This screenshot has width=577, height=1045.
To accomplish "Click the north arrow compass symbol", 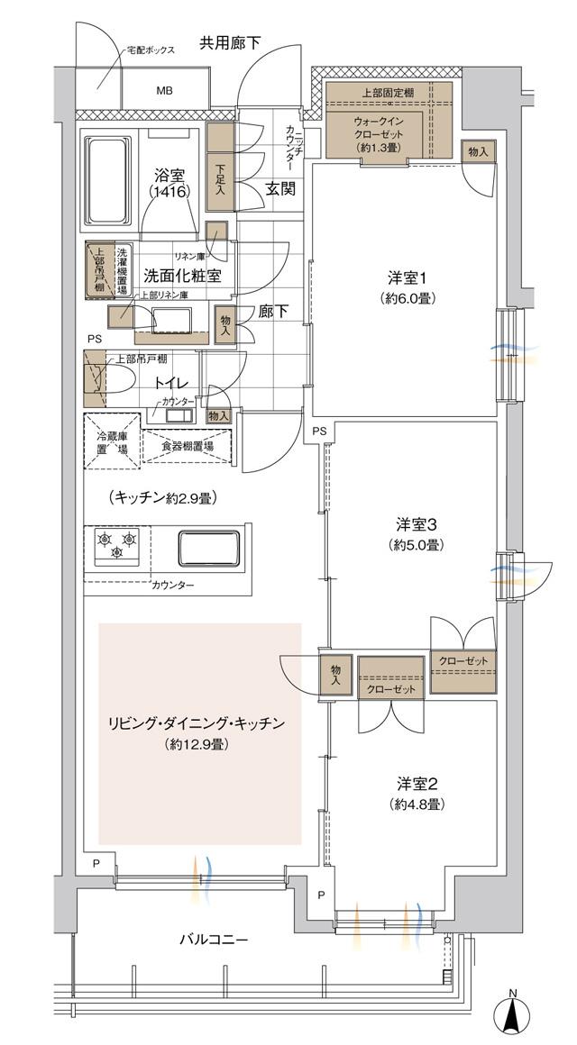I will [x=512, y=1015].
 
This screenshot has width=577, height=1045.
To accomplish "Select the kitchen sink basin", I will [x=209, y=547].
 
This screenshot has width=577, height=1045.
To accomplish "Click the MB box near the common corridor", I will [x=165, y=91].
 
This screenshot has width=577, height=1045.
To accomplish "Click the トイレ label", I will [x=172, y=382].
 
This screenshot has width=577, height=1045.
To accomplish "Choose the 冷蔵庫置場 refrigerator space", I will [x=113, y=441].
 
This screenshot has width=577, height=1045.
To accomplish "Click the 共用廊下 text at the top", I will [x=230, y=41].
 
